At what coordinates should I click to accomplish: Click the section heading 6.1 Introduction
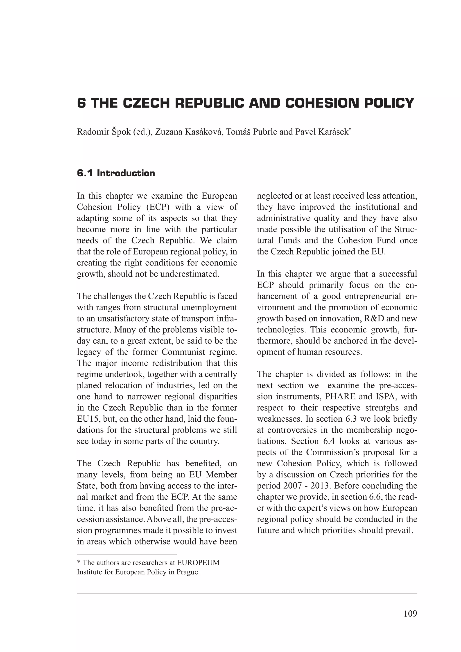(x=116, y=173)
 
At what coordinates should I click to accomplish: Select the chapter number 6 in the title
(x=81, y=103)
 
